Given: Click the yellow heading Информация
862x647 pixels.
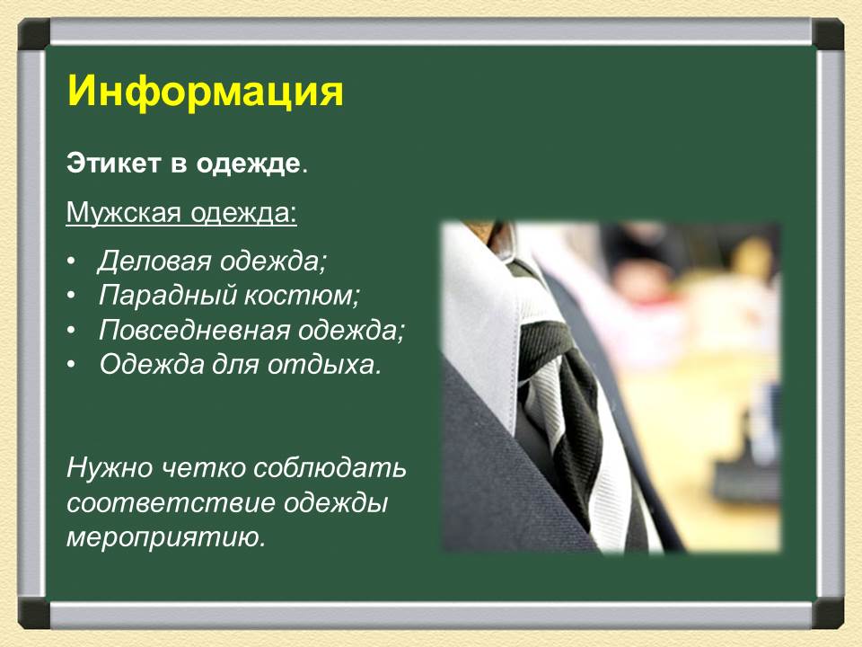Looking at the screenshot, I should click(x=206, y=92).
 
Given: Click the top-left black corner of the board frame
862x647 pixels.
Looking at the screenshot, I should click(x=34, y=34).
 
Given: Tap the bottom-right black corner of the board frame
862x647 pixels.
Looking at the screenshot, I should click(x=828, y=613).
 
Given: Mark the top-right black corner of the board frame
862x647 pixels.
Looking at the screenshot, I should click(x=828, y=34).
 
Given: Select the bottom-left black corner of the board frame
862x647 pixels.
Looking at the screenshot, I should click(x=34, y=613).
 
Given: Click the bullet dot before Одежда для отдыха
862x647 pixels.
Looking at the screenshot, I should click(x=71, y=365).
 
